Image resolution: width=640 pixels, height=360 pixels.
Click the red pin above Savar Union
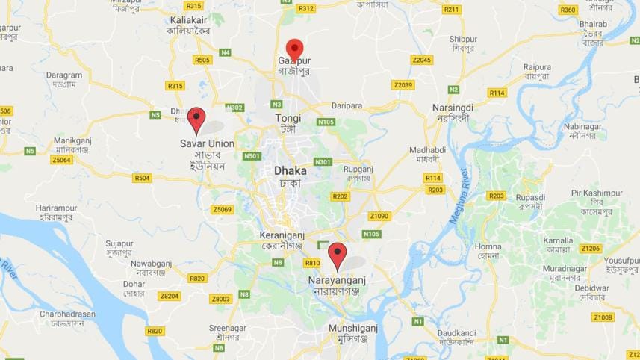coord(196,119)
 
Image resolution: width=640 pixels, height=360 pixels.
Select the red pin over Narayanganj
coord(338,255)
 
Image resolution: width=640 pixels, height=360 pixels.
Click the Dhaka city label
coord(290,170)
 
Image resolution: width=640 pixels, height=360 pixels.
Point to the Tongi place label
coord(288,118)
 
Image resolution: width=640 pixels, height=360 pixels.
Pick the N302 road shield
coord(234,108)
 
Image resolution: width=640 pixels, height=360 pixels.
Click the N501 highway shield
coord(252,155)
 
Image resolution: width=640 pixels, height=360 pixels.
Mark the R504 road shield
coord(141,178)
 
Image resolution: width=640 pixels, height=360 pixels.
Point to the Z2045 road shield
coord(422,60)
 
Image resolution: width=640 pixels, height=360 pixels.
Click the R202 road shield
coord(340,196)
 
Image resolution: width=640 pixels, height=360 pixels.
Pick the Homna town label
coord(488,246)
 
